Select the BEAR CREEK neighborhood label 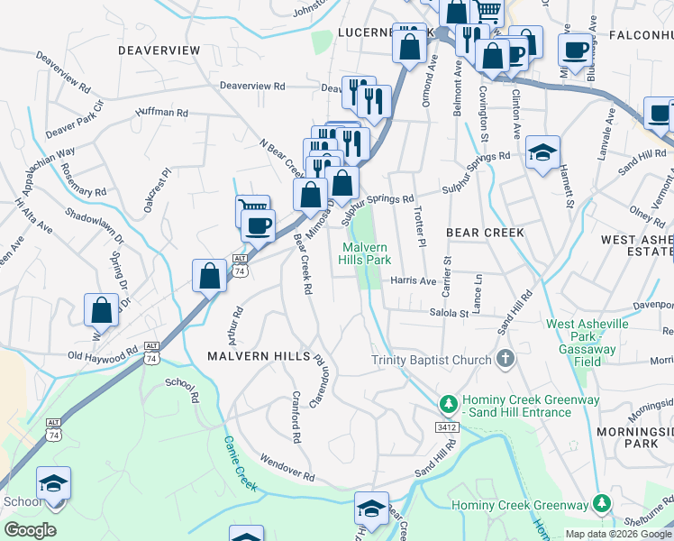tap(486, 233)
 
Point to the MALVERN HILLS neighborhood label tap(259, 356)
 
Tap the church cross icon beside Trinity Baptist tap(505, 359)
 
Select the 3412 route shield tap(445, 426)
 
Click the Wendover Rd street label tap(286, 467)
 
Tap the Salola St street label tap(450, 314)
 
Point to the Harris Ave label tap(413, 280)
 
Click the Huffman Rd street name tap(161, 114)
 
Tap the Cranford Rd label tap(295, 416)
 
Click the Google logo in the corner tap(30, 530)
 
